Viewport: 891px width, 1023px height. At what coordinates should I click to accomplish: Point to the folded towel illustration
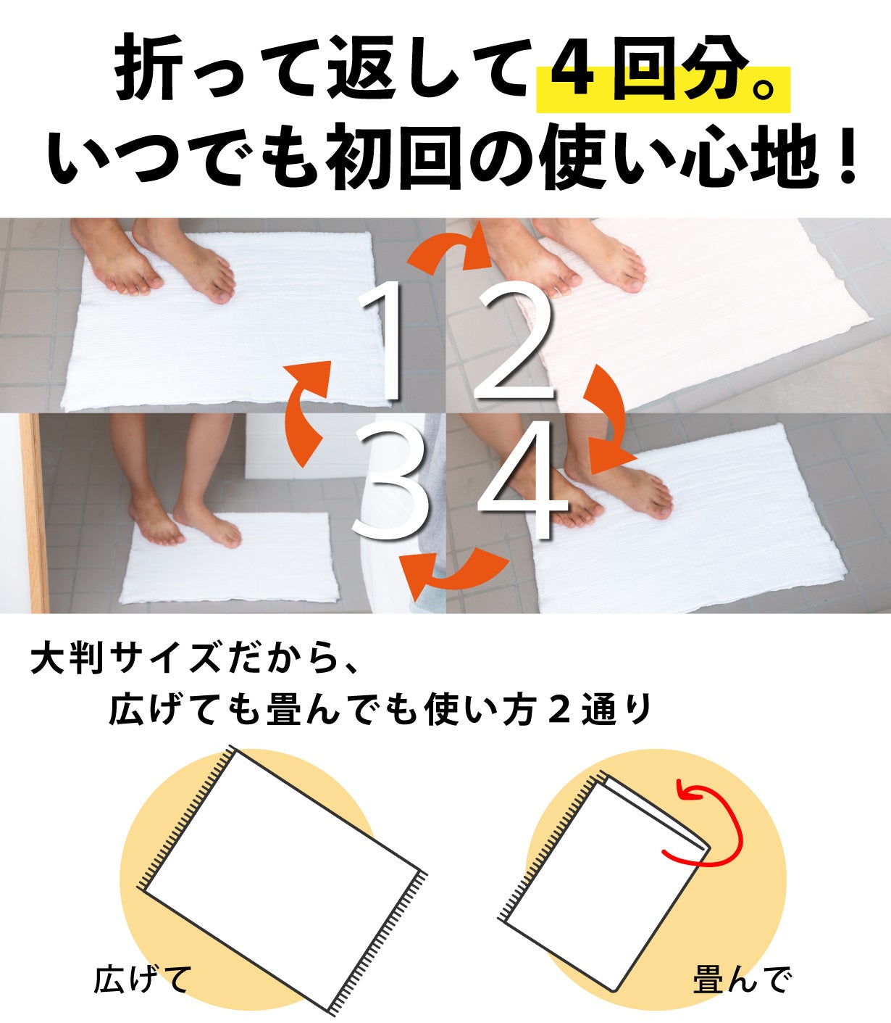[x=604, y=880]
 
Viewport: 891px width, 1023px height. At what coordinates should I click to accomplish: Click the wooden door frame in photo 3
[x=34, y=513]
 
